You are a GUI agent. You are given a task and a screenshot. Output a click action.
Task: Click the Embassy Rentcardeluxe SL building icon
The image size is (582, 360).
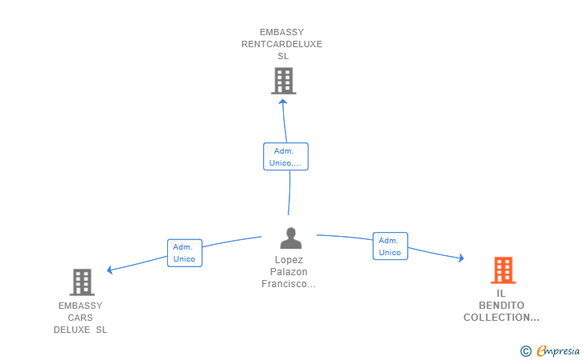284,81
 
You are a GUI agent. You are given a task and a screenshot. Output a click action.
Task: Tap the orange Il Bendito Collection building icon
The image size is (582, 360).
504,270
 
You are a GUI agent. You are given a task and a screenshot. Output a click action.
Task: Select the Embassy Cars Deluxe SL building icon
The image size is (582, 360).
82,282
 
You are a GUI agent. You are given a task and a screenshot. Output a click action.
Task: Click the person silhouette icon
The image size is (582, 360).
291,238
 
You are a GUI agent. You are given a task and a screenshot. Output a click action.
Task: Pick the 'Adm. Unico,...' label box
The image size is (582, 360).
285,157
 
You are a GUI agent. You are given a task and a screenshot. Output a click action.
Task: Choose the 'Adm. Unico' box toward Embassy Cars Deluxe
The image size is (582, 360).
185,253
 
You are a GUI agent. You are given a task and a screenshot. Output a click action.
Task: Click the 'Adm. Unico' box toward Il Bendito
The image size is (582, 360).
390,246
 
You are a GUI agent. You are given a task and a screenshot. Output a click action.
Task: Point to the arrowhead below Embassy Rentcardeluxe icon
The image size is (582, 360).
283,102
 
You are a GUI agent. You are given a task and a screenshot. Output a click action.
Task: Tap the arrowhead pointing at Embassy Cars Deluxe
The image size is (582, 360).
110,270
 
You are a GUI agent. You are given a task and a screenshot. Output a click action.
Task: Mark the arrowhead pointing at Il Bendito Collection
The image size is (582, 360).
461,258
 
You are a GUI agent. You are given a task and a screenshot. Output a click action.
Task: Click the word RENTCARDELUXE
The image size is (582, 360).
281,44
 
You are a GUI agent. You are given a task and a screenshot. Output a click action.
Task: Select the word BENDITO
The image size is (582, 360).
501,306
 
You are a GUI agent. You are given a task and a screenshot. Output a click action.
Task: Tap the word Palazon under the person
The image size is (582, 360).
289,272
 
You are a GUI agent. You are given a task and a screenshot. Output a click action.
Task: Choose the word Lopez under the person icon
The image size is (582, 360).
289,260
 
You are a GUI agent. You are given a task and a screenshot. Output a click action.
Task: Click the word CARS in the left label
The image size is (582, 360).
80,318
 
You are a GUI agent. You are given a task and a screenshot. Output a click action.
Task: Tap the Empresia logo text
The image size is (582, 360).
558,350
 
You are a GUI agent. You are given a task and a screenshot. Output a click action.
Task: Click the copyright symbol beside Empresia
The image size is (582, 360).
526,351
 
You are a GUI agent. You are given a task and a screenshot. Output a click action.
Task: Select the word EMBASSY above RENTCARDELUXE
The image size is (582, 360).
281,32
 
